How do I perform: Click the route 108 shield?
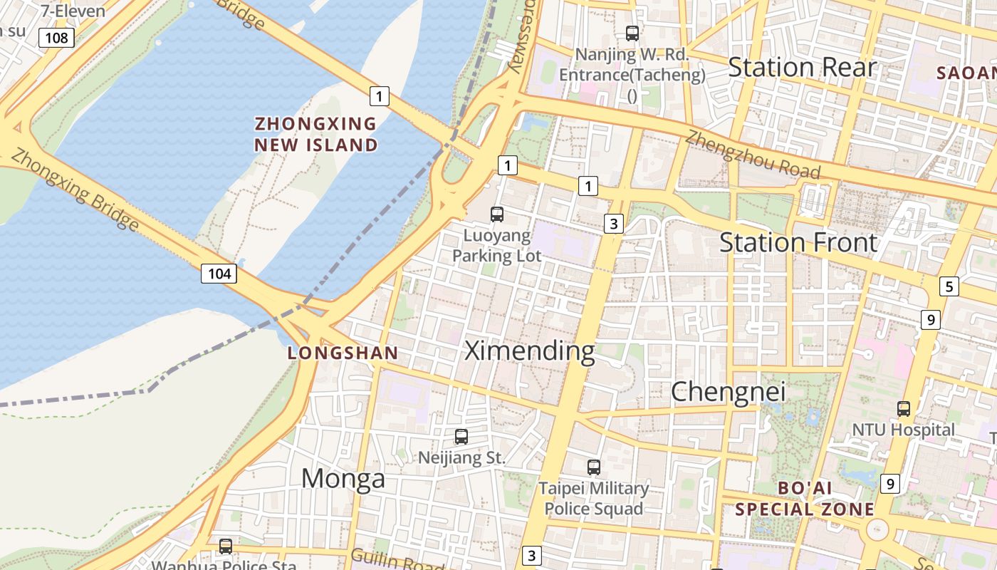(56, 37)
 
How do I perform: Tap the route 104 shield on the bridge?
(219, 273)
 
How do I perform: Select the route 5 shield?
(949, 286)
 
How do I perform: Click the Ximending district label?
(529, 351)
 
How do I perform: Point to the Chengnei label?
(728, 391)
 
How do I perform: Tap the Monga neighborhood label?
(343, 478)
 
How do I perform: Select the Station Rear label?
(802, 67)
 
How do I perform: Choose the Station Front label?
(798, 242)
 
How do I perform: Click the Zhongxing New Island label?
(316, 134)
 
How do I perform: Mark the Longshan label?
(343, 353)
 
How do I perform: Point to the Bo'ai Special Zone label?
(805, 499)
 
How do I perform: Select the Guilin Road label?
(396, 560)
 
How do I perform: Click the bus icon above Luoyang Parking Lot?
(497, 214)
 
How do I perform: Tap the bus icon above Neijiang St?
(461, 436)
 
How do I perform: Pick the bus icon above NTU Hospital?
(904, 409)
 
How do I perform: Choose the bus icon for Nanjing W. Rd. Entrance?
(632, 33)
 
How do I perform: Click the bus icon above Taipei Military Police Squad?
(594, 467)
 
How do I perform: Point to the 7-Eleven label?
(73, 11)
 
